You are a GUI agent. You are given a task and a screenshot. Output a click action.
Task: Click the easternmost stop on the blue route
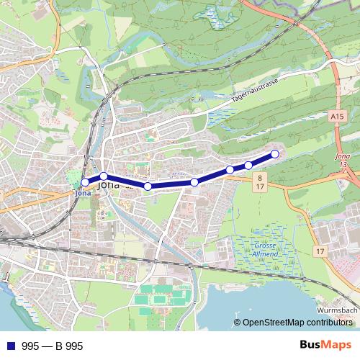(x=274, y=154)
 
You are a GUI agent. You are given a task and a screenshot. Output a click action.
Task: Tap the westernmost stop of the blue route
(x=85, y=182)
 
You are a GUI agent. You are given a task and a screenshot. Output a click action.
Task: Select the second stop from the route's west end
(x=104, y=176)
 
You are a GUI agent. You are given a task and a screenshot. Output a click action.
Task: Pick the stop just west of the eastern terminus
(x=248, y=166)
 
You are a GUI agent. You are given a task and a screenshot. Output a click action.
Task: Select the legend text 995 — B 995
(x=53, y=346)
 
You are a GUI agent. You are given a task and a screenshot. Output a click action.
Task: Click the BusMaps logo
(x=325, y=346)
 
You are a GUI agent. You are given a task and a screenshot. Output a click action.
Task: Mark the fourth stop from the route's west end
(x=194, y=182)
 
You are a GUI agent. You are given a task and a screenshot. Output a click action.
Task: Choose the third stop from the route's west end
(x=148, y=186)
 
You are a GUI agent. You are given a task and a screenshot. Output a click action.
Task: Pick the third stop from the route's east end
(x=230, y=170)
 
